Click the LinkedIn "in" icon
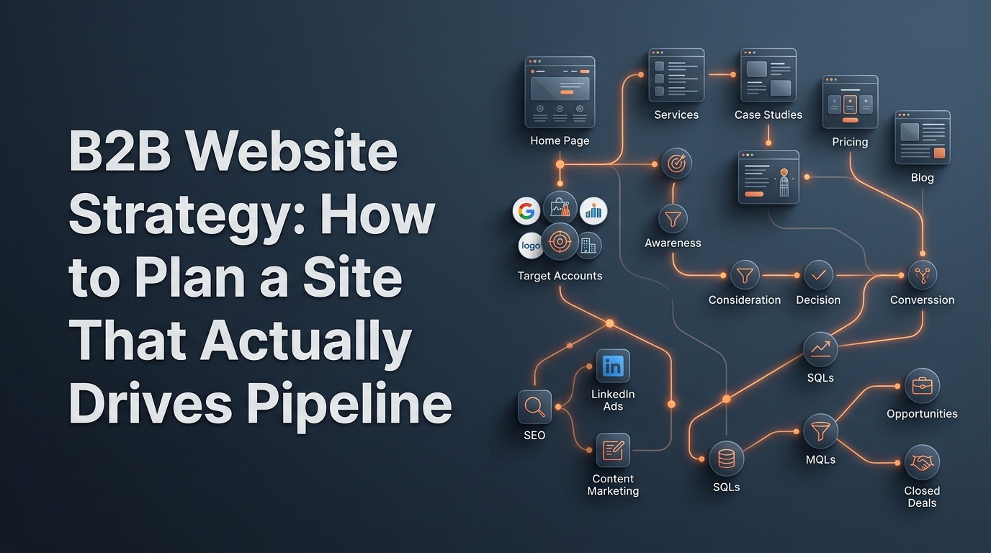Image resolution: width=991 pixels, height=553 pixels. pos(613,366)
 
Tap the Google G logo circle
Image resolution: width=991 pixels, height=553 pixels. pos(526,210)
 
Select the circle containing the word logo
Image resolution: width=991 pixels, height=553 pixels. pos(531,245)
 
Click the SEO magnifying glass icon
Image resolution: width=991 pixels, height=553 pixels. pos(534,407)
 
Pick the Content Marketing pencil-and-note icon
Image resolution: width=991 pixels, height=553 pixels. pos(613,450)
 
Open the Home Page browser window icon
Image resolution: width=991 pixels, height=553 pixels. pos(560,92)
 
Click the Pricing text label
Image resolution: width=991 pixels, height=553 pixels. pos(850,142)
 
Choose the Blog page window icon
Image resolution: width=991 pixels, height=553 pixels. pos(923,138)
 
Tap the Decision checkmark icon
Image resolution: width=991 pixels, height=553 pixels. pos(818,275)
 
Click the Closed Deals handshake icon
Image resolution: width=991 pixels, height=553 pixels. pos(922,463)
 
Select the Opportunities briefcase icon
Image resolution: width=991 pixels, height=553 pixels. pos(922,386)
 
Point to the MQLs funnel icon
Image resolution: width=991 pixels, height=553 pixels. pos(820,431)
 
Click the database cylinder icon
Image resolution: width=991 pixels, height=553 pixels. pos(726,459)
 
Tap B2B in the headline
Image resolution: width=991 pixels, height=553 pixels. pos(120,151)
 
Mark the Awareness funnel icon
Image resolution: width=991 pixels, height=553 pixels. pos(673,219)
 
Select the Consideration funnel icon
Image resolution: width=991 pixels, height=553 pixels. pos(745,275)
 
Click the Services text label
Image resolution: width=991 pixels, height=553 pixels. pos(676,115)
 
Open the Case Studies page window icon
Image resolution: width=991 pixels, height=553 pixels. pos(768,75)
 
